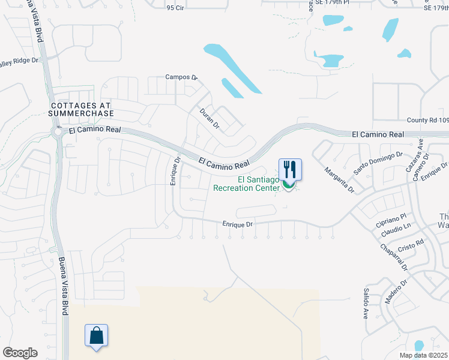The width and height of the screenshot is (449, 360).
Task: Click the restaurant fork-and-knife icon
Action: coord(290,169)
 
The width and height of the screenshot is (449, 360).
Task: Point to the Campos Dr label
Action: coord(181,77)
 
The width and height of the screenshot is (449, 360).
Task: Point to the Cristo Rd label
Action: coord(411,244)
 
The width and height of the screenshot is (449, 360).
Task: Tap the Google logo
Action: coord(20,353)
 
